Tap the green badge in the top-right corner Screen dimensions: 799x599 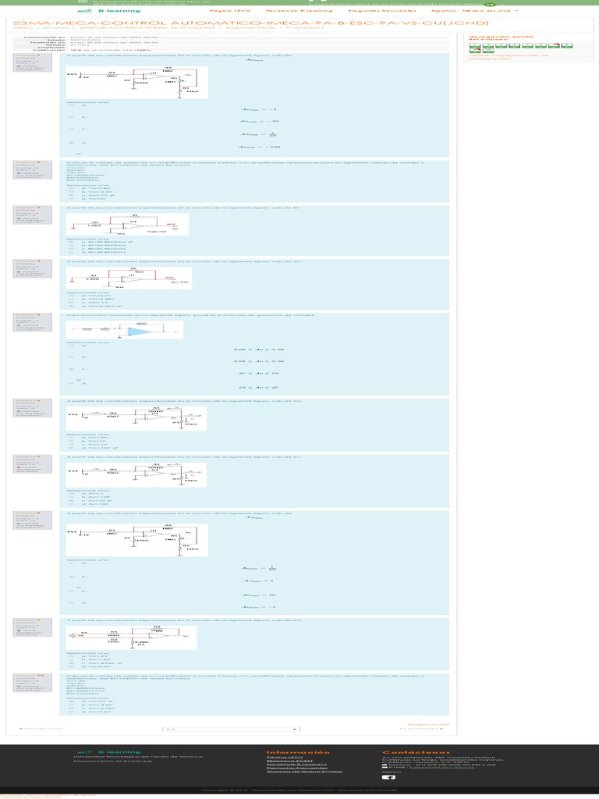pyautogui.click(x=490, y=4)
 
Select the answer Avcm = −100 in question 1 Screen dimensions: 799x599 pyautogui.click(x=260, y=147)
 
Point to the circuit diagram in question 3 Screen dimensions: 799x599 pyautogui.click(x=127, y=224)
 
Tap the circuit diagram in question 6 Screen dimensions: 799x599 pyautogui.click(x=136, y=417)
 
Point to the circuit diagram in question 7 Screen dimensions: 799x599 pyautogui.click(x=136, y=472)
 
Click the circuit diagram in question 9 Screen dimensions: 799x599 pyautogui.click(x=131, y=637)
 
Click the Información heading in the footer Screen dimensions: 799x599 pyautogui.click(x=298, y=752)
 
